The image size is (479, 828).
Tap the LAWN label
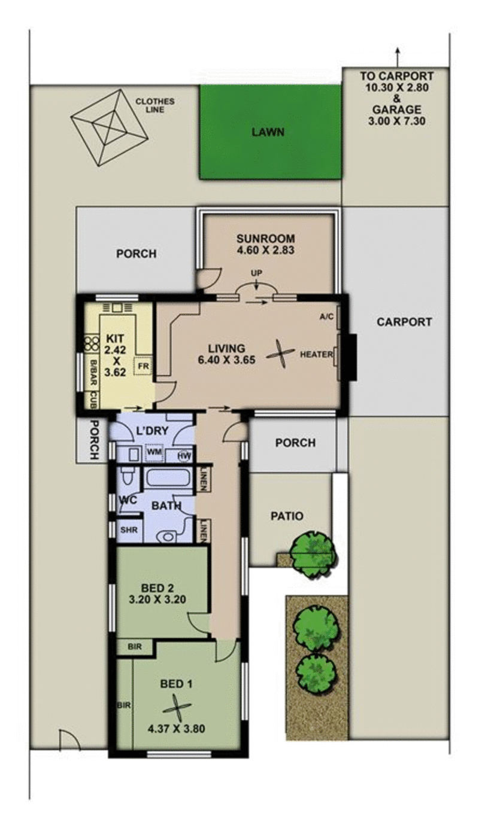(268, 132)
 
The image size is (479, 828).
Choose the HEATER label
(316, 355)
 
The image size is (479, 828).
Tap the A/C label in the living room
(327, 317)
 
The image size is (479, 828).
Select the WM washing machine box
(154, 453)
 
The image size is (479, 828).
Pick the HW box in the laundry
(185, 455)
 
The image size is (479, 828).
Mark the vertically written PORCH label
(94, 440)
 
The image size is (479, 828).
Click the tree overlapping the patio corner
(313, 553)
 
